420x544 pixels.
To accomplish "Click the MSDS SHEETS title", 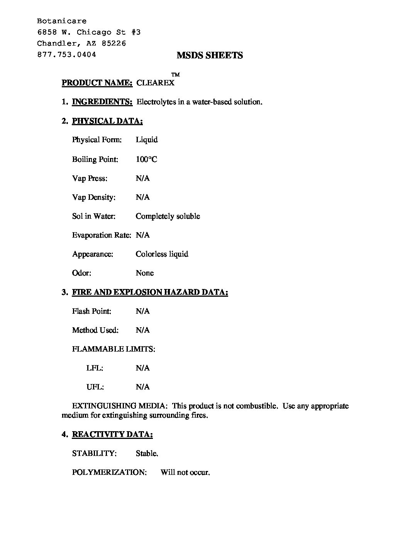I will click(210, 55).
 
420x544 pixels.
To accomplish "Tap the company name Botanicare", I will click(62, 21).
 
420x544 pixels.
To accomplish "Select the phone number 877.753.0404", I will click(66, 54).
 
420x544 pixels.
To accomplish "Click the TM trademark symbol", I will click(175, 75).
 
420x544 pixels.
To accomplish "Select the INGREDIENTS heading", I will click(102, 102).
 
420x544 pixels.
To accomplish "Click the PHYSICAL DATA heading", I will click(107, 121).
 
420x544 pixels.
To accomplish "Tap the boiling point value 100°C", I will click(146, 159).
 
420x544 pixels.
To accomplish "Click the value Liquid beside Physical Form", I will click(147, 140).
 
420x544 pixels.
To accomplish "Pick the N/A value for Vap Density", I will click(142, 197).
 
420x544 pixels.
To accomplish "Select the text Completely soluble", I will click(168, 216).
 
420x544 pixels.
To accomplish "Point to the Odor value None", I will click(145, 273).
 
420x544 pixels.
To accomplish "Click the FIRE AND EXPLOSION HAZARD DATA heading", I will click(150, 292).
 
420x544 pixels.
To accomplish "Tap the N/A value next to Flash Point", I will click(142, 311).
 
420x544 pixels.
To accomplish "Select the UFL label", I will click(95, 387).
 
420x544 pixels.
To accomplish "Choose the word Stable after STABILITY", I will click(147, 454).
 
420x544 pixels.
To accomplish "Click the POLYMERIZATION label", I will click(109, 473).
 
